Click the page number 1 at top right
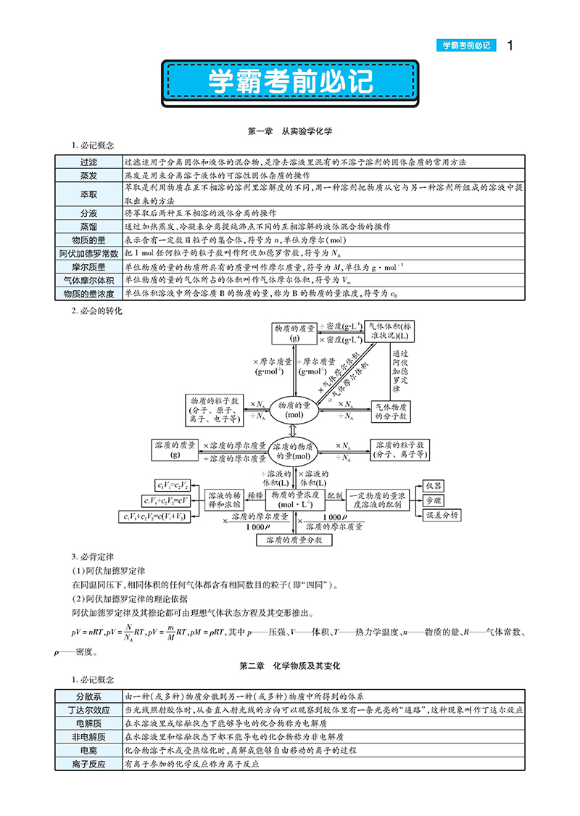pos(510,46)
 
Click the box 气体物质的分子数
pos(391,411)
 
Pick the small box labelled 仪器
pos(434,485)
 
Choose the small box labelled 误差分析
pos(440,515)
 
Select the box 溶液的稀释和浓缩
pos(225,497)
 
